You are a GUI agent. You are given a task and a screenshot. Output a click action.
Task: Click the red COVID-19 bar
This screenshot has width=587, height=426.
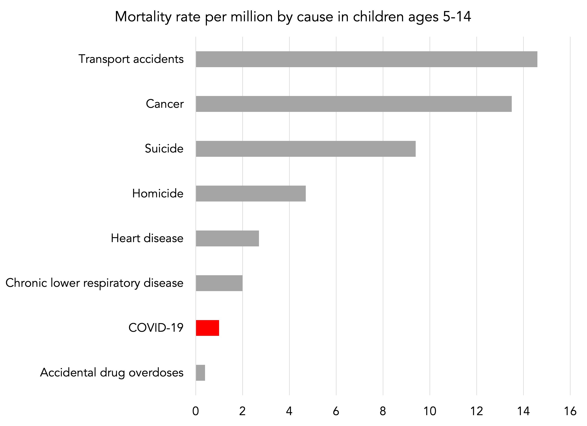click(207, 328)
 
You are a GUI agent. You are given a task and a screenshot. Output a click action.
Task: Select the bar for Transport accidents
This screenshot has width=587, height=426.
click(366, 59)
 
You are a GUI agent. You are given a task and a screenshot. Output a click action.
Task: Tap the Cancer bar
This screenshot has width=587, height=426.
click(354, 104)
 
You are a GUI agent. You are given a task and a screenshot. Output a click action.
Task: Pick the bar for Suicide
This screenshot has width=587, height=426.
click(305, 149)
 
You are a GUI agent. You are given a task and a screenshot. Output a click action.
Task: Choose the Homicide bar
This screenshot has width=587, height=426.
click(251, 193)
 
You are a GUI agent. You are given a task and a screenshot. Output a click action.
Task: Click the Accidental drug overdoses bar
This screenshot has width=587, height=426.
click(200, 373)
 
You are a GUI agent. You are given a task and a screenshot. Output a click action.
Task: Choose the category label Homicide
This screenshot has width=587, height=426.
click(158, 193)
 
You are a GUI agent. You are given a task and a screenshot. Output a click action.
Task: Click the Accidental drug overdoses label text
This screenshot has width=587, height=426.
click(112, 373)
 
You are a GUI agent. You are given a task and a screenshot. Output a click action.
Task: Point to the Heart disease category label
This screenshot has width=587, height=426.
click(147, 238)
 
